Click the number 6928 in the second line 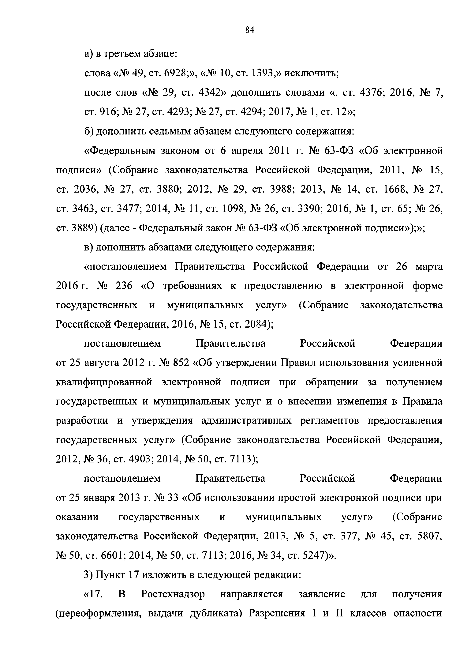tap(177, 73)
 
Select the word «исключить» tap(311, 73)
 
